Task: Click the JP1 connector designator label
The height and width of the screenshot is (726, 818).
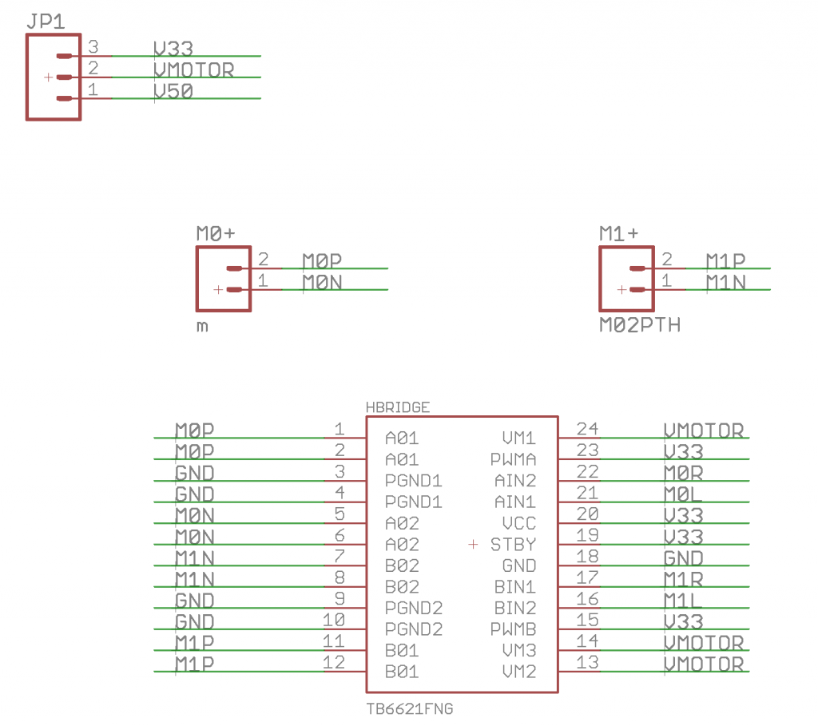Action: point(46,20)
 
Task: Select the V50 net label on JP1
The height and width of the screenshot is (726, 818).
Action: point(173,91)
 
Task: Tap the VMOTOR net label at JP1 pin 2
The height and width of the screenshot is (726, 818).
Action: point(193,70)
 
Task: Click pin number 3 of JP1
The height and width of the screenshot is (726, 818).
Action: point(93,47)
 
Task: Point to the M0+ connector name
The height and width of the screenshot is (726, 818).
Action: point(216,233)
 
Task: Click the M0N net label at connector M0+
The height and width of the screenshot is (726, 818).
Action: point(322,282)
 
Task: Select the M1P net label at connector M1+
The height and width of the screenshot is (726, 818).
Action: point(725,260)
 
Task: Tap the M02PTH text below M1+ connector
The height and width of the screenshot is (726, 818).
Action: point(640,325)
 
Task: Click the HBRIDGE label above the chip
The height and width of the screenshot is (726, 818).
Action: point(397,407)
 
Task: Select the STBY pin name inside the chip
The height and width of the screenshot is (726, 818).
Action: point(513,545)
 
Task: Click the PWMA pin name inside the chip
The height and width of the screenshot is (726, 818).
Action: point(513,460)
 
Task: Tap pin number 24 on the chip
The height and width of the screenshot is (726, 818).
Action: point(587,429)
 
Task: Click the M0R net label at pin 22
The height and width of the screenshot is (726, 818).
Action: point(683,473)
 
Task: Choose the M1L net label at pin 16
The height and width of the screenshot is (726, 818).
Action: point(683,600)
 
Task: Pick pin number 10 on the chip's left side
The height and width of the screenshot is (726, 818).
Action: point(334,620)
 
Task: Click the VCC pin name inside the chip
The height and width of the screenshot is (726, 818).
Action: point(518,524)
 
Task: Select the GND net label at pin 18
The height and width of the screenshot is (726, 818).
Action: point(683,557)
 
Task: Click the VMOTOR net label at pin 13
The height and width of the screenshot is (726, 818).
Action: point(704,664)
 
